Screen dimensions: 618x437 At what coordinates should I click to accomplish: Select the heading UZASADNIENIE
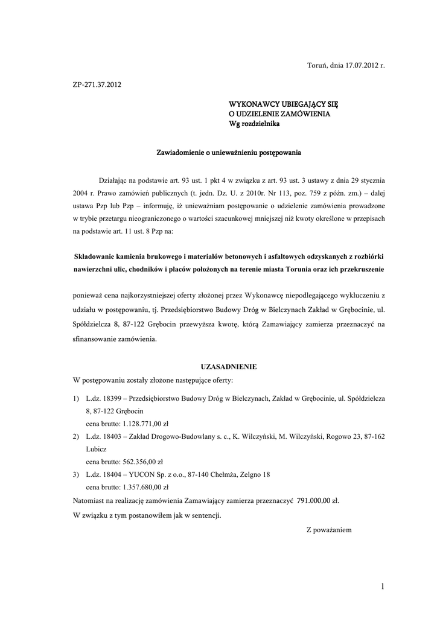pyautogui.click(x=228, y=366)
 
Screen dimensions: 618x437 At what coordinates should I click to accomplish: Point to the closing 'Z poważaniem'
pyautogui.click(x=329, y=530)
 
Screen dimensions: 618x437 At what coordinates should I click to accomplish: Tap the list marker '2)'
pyautogui.click(x=75, y=436)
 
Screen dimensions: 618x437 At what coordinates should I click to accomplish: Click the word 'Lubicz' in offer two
pyautogui.click(x=96, y=450)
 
